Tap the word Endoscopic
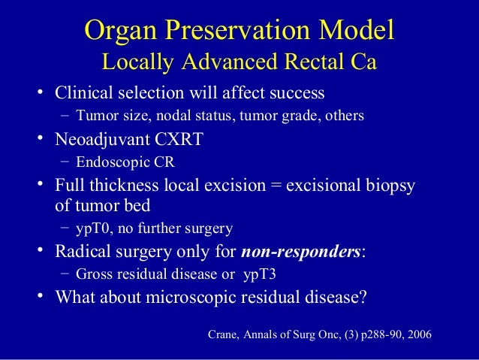107,162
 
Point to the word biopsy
390,185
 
